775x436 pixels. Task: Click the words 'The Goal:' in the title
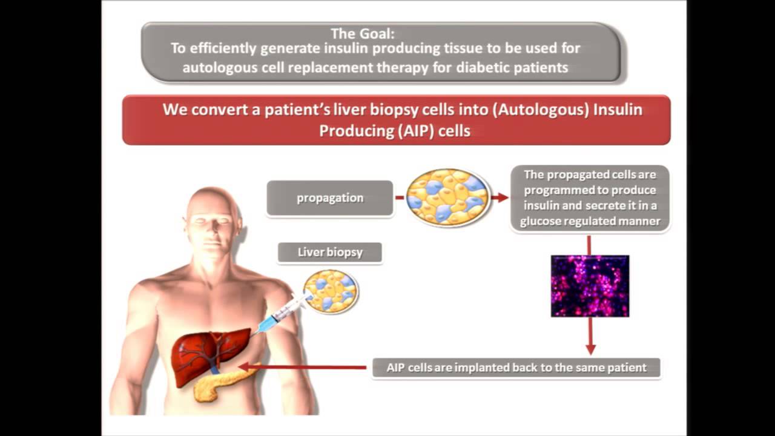tap(362, 34)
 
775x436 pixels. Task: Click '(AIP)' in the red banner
tap(417, 131)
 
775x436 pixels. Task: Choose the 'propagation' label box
tap(330, 198)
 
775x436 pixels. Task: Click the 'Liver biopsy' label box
tap(330, 252)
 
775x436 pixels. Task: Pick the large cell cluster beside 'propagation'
tap(448, 197)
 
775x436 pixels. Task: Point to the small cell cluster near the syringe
tap(332, 291)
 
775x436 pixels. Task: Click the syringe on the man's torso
tap(280, 314)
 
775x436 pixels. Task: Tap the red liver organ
tap(206, 354)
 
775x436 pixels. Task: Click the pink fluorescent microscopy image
tap(590, 286)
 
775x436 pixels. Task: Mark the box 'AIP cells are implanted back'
tap(516, 368)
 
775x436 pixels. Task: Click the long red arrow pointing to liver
tap(303, 367)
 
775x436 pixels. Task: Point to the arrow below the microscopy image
tap(590, 337)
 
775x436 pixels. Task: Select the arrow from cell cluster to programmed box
tap(500, 197)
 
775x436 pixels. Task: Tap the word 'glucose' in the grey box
tap(541, 221)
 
